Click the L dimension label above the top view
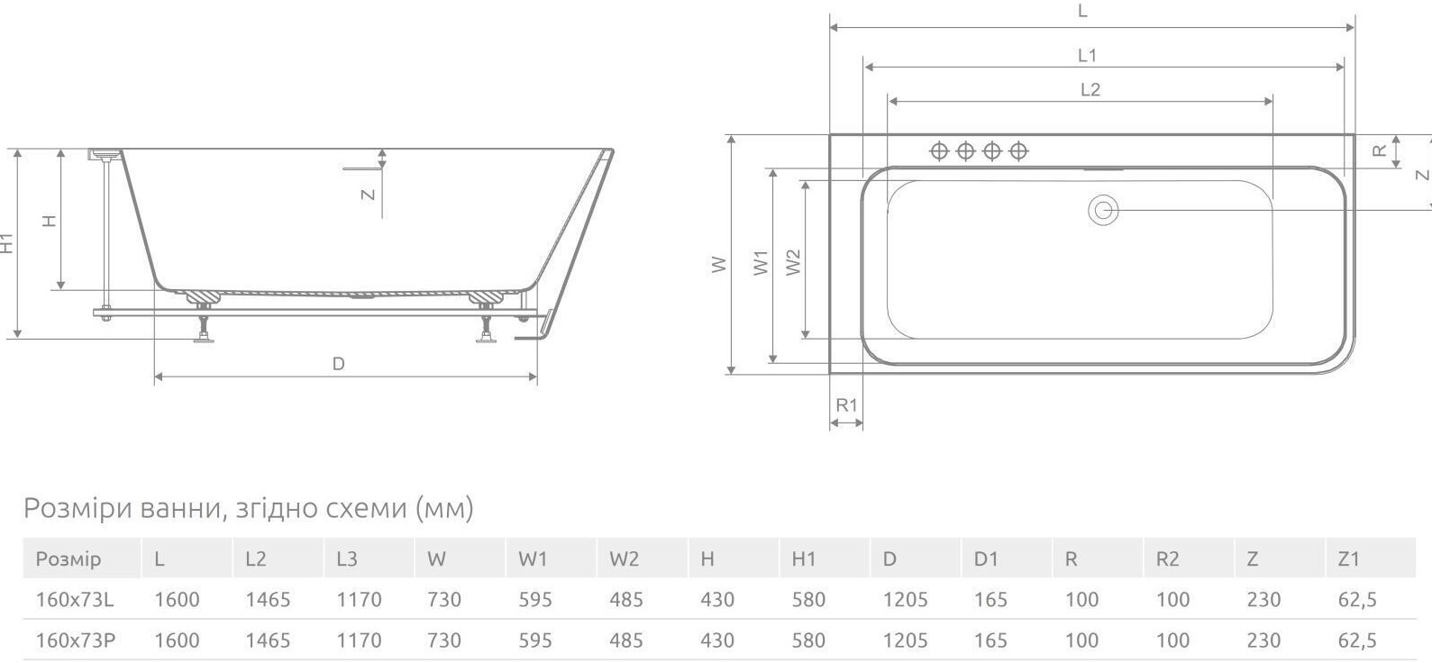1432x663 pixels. (1082, 12)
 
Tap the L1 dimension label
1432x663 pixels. (1087, 56)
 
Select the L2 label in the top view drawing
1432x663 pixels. (1090, 90)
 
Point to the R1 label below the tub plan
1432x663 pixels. (846, 405)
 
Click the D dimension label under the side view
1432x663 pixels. (339, 364)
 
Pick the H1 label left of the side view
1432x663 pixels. (8, 243)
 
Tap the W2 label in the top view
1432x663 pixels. (793, 262)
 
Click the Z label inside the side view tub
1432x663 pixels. (368, 194)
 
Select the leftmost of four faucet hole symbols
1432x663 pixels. (939, 151)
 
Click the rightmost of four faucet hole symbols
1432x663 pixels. (1018, 151)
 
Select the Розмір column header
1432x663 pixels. (68, 559)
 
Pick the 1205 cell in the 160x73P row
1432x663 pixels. (905, 640)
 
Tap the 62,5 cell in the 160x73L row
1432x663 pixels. (1357, 600)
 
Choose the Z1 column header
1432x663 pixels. (1348, 559)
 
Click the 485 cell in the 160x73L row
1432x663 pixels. (625, 600)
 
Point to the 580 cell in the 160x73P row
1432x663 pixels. (808, 640)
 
